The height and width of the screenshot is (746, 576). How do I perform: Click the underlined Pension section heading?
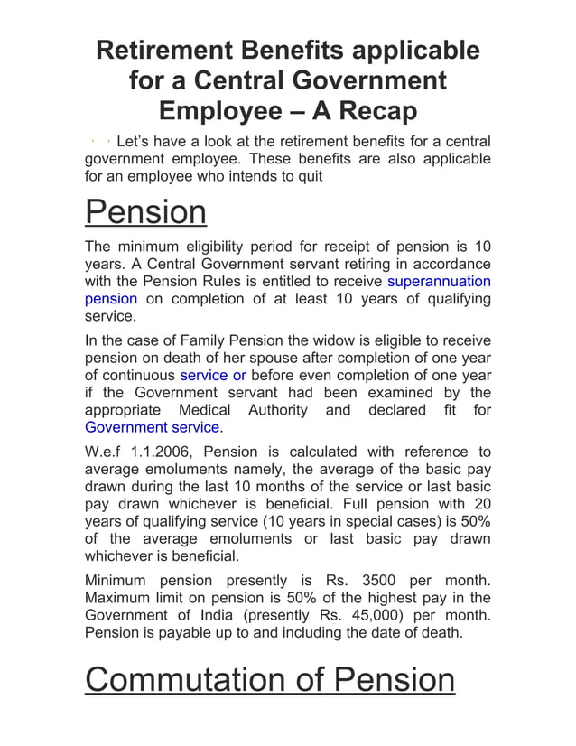coord(145,213)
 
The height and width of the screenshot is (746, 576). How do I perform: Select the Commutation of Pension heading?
coord(270,679)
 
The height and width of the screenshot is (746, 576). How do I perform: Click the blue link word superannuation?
coord(439,281)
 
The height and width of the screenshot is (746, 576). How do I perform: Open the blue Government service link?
coord(152,427)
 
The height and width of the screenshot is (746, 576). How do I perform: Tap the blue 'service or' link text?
coord(213,375)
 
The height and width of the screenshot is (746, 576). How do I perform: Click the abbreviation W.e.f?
coord(107,452)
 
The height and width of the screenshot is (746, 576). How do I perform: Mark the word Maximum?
coord(121,598)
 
